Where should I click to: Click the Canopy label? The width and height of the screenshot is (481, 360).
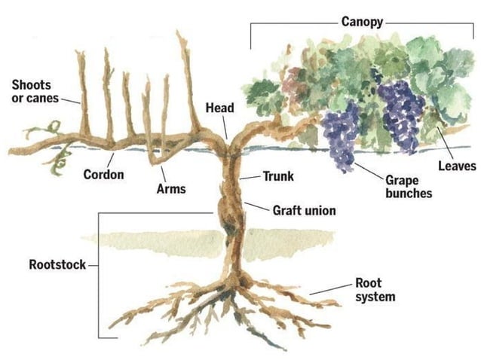coord(363,21)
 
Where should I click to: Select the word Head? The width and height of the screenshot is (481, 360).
coord(219,108)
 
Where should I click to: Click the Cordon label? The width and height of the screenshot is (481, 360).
coord(103,175)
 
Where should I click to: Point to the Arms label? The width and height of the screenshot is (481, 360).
coord(171,189)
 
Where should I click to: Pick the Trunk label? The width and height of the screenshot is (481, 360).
coord(277,177)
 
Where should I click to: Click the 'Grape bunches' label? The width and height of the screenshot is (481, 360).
coord(409,187)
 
